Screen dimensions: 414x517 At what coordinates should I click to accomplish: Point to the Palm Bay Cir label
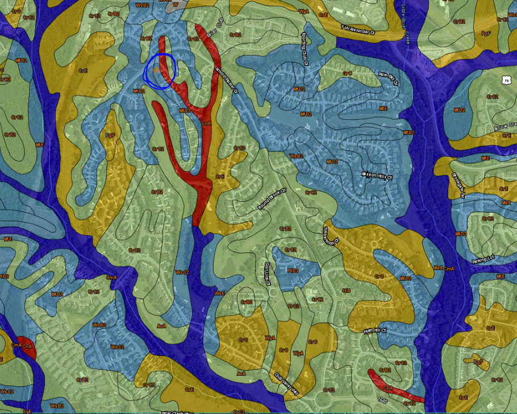point(389,78)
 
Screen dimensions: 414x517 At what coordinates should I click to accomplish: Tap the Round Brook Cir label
point(269,199)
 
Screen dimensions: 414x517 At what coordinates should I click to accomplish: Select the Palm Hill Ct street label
point(375,330)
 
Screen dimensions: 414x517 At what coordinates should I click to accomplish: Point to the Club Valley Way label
point(286,384)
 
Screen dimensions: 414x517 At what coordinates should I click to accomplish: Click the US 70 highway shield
point(506,81)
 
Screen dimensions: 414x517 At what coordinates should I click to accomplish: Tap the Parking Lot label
point(483,261)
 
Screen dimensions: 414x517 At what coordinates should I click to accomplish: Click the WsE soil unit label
point(219,293)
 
